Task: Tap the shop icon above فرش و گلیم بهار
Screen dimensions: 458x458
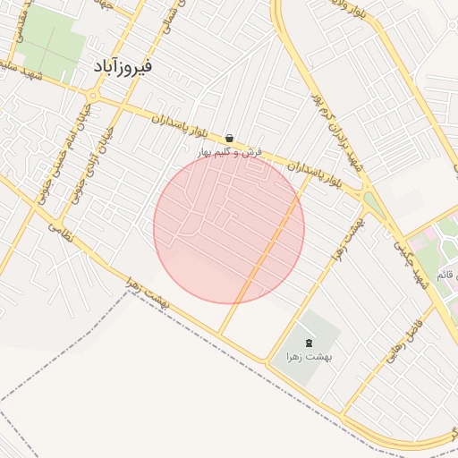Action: pos(231,138)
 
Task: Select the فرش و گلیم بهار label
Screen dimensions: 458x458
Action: pos(231,152)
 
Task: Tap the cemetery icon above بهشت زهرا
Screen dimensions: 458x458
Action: pos(310,343)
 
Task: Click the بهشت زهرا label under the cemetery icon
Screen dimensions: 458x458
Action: pos(310,357)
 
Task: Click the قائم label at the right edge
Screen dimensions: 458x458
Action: pos(446,271)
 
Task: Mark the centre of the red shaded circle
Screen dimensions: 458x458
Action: pos(229,229)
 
